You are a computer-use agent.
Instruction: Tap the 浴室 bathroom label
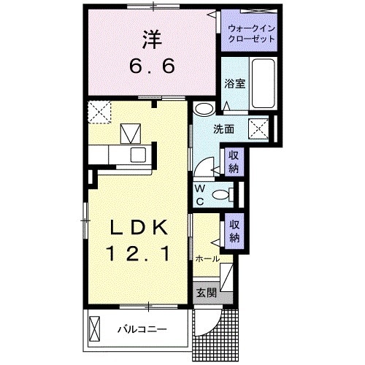point(234,83)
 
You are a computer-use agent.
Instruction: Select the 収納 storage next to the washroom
point(234,162)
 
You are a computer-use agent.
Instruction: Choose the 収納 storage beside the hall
point(234,231)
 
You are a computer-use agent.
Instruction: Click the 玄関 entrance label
point(206,293)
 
